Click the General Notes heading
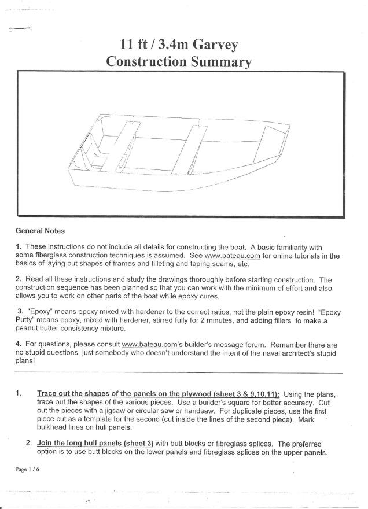click(x=40, y=231)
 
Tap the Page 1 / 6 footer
click(x=28, y=469)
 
